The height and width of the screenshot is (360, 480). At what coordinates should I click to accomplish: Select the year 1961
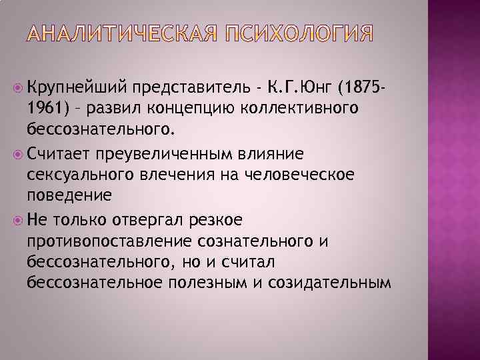46,108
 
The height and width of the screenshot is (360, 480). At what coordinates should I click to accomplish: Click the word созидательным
328,282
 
